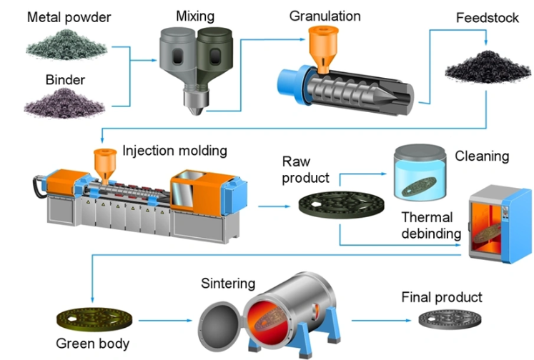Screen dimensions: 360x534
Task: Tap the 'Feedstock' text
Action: point(487,18)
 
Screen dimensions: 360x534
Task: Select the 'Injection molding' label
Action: point(174,151)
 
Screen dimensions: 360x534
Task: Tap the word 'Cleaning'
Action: point(481,156)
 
